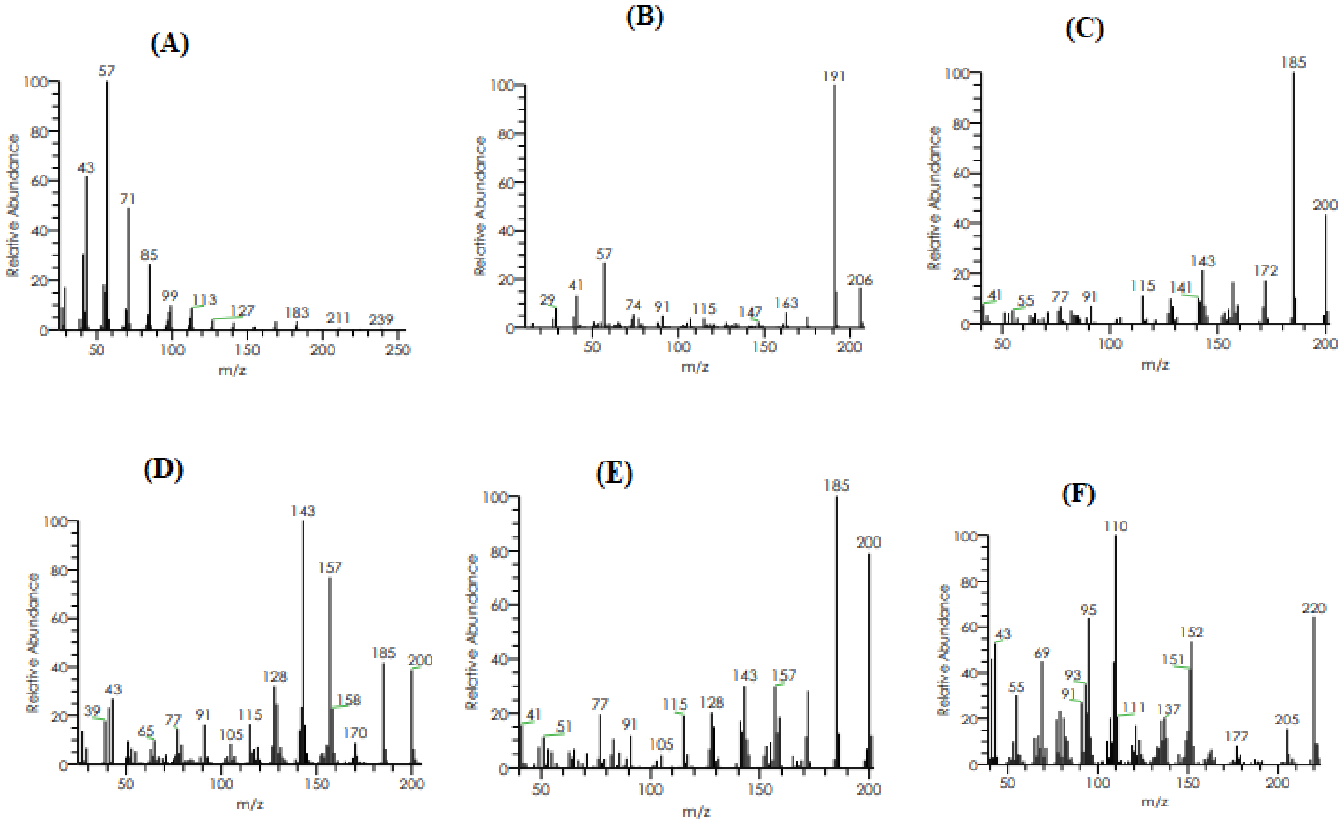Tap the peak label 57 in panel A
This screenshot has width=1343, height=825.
[x=107, y=71]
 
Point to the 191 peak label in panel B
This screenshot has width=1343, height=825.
[x=834, y=76]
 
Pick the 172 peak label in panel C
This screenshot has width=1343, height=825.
[x=1265, y=271]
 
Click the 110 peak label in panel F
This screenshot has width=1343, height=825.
[x=1116, y=527]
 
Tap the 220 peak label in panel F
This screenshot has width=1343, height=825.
[x=1314, y=608]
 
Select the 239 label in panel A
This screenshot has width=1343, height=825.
[x=380, y=320]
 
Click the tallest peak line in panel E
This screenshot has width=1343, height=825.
[x=837, y=627]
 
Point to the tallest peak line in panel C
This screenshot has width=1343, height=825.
[x=1293, y=196]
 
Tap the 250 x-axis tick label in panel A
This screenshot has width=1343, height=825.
[x=397, y=349]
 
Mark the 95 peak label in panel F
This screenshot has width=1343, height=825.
[x=1088, y=610]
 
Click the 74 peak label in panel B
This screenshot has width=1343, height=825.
[x=633, y=305]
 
